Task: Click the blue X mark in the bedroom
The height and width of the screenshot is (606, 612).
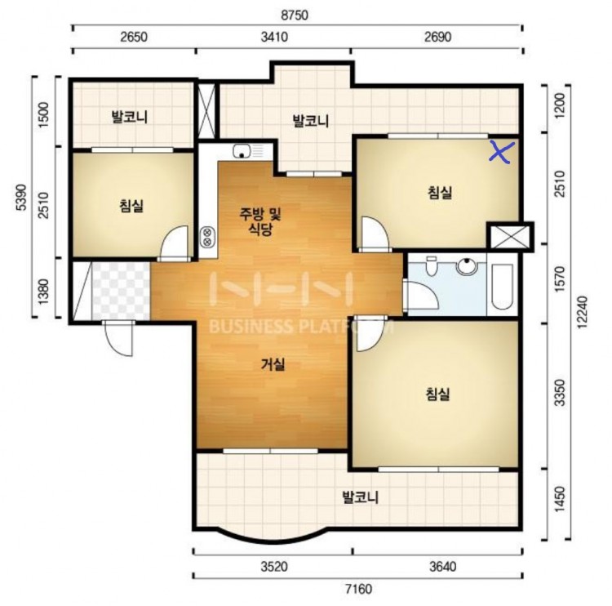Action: point(502,152)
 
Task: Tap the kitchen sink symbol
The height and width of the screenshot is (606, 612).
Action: point(242,150)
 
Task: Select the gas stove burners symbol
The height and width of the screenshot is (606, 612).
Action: point(207,237)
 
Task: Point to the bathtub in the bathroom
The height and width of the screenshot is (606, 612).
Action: point(502,286)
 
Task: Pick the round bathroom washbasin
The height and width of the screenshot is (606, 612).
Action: point(468,266)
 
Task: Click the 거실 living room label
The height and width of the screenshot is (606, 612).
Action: point(273,364)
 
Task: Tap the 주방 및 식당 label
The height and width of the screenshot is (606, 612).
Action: point(260,221)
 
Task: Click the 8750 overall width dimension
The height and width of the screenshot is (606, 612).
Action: point(295,16)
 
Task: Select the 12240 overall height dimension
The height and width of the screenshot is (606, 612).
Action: point(582,312)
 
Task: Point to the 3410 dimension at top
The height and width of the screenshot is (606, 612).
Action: point(274,37)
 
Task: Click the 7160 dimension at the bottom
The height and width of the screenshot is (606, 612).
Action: point(358,588)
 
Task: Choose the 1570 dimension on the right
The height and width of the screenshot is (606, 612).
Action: point(560,279)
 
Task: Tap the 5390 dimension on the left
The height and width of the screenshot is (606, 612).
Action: point(21,198)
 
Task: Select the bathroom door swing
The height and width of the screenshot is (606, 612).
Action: point(423,296)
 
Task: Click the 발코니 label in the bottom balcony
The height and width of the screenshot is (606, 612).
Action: point(360,497)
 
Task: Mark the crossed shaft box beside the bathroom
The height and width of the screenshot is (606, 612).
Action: point(509,235)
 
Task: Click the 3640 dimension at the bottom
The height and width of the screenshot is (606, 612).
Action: point(442,566)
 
